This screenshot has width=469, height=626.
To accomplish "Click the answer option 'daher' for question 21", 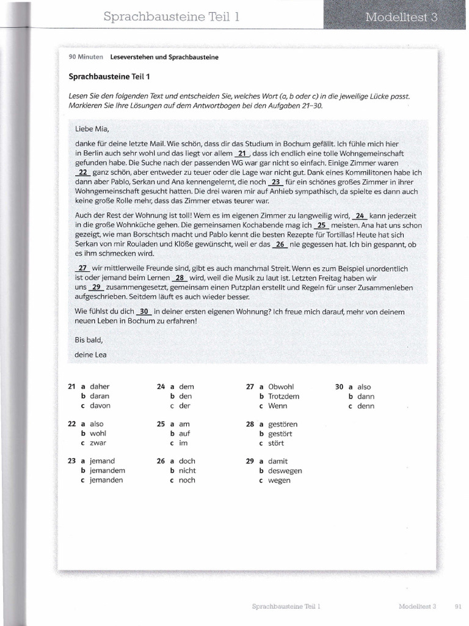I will click(100, 386).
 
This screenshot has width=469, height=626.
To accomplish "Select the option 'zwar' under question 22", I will click(98, 443).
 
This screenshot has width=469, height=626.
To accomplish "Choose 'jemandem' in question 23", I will click(107, 471).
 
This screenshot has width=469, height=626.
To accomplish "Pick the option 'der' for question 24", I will click(184, 406).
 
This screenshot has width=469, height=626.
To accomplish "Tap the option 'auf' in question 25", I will click(184, 433).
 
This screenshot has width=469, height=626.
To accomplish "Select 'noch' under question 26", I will click(187, 481).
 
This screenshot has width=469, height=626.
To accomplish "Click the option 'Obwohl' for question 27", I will click(281, 386).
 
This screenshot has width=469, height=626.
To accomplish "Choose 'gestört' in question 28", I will click(280, 433).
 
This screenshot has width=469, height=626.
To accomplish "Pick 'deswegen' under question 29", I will click(285, 471).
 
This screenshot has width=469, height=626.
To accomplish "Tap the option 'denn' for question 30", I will click(366, 406).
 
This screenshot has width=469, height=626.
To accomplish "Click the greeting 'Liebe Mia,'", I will click(92, 129).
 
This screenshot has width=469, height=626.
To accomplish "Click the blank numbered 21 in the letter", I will click(242, 153).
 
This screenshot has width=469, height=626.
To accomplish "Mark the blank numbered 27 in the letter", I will click(82, 268).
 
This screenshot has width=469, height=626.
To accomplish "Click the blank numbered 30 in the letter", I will click(144, 311).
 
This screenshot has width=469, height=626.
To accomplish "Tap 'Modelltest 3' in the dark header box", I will click(401, 17).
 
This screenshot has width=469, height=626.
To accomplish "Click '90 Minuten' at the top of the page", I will click(86, 57).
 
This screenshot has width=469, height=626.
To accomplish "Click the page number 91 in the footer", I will click(458, 606).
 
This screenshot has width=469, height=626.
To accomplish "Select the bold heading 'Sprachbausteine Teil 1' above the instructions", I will click(109, 76).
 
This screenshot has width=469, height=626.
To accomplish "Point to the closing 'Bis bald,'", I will click(89, 339).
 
